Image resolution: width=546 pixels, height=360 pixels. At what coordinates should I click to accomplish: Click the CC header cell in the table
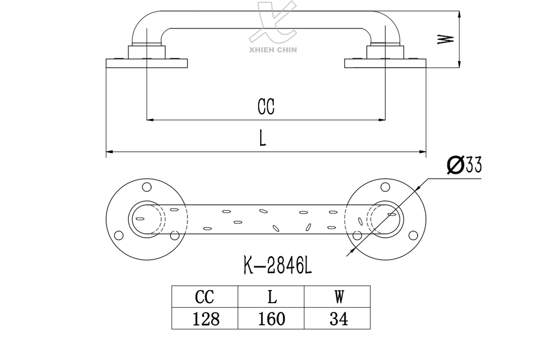click(x=204, y=297)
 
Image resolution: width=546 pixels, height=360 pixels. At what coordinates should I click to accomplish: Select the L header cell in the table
click(x=271, y=297)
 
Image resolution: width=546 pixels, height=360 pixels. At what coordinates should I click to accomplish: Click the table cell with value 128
click(x=204, y=318)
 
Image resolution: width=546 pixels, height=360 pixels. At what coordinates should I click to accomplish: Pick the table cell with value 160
click(x=271, y=318)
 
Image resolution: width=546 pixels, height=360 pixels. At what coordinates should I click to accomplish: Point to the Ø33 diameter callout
click(x=464, y=165)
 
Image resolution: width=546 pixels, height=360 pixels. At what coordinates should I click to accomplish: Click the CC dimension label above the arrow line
click(x=266, y=107)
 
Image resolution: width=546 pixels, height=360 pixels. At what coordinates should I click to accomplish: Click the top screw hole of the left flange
click(x=146, y=187)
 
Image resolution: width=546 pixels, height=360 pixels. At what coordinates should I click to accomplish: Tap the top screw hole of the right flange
click(x=385, y=187)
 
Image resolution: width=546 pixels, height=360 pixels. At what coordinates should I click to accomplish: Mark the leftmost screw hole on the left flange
click(x=118, y=235)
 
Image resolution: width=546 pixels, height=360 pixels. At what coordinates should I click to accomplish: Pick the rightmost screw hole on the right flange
click(x=413, y=235)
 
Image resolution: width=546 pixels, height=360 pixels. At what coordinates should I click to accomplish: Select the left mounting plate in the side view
click(x=147, y=63)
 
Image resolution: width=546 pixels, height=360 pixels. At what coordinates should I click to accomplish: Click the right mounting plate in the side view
click(x=385, y=63)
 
